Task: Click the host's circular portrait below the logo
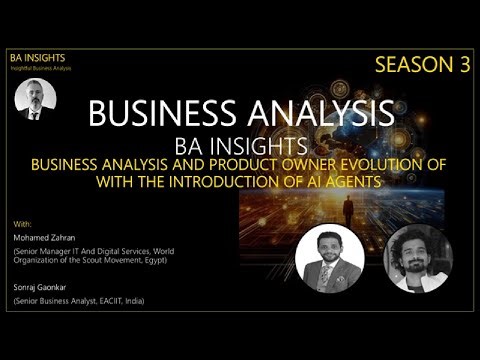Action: tap(36, 100)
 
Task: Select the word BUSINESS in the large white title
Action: tap(160, 113)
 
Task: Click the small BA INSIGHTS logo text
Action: tap(37, 59)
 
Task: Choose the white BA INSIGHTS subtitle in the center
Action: tap(240, 144)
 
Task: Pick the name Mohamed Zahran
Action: tap(44, 238)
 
